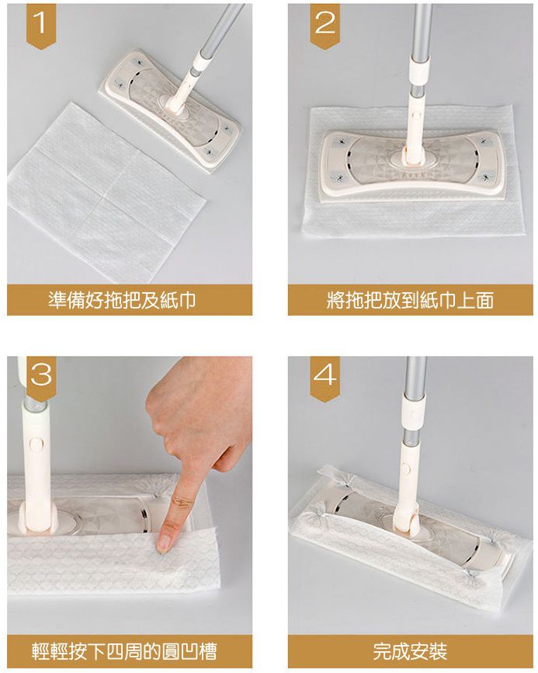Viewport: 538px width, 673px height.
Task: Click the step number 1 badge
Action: click(43, 26)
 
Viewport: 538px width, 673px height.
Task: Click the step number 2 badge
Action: click(325, 26)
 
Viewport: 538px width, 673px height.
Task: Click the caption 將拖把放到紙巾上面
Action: click(410, 301)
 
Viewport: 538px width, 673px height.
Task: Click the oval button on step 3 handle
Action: click(35, 445)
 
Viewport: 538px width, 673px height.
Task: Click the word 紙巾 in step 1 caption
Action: click(176, 301)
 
